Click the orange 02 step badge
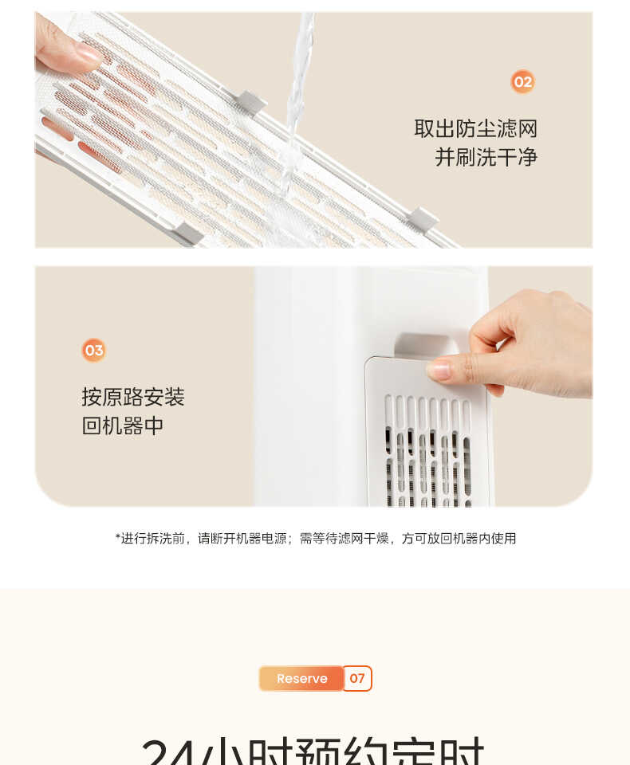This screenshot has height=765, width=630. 522,81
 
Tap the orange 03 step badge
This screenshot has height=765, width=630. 94,350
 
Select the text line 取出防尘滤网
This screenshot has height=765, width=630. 475,128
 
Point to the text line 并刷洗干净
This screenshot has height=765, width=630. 486,157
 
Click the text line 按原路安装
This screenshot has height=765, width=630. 133,397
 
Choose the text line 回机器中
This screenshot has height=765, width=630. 123,426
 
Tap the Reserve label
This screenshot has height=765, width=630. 301,678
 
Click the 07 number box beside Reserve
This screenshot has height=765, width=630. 357,678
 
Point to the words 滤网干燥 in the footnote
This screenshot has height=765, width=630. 364,539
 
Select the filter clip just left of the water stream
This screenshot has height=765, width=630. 251,101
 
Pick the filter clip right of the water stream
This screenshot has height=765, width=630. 422,219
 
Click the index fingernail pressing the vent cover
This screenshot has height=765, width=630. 439,369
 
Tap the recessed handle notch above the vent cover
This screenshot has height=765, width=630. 426,343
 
